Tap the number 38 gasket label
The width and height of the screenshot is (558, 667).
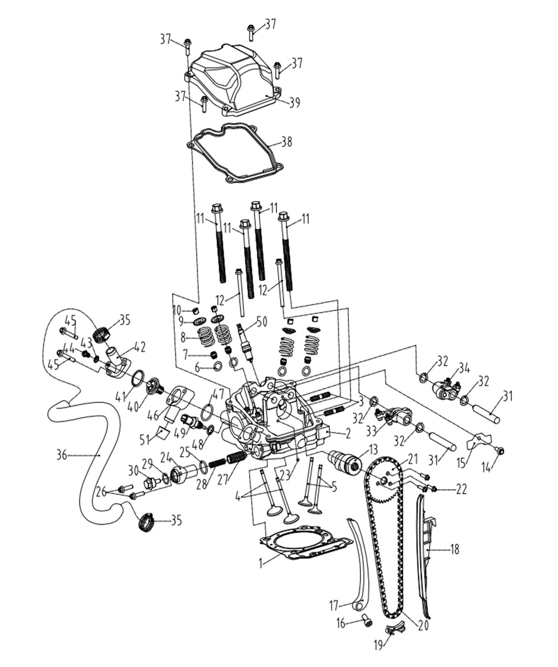pos(286,142)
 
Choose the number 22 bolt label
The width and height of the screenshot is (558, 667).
pos(461,489)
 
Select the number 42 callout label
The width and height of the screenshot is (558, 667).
pos(139,347)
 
